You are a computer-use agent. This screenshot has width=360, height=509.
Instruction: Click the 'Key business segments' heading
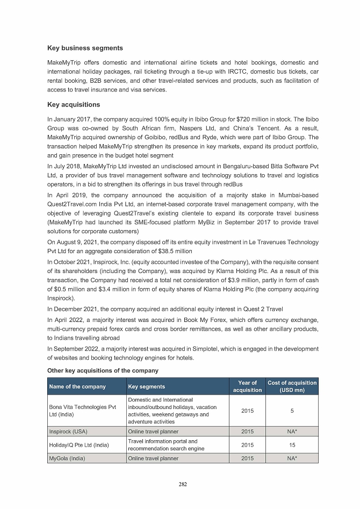click(85, 48)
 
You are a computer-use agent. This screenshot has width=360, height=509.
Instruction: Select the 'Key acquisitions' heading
click(74, 104)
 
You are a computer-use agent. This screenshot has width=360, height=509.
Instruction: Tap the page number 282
click(183, 484)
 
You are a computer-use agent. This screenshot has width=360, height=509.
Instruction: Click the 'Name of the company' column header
click(77, 386)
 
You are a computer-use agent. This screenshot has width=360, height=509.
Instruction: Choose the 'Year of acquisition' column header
click(247, 386)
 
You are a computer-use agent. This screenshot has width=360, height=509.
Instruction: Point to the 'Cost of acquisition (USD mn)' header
click(292, 386)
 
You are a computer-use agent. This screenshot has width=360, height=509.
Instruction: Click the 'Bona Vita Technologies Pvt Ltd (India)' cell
click(82, 411)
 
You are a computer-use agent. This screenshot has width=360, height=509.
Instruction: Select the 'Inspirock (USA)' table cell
click(68, 431)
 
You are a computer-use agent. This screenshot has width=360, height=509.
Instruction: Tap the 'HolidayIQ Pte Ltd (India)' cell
click(78, 445)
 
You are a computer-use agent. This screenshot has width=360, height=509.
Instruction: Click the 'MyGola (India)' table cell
click(67, 458)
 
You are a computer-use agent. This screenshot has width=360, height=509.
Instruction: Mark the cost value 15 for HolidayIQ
click(292, 445)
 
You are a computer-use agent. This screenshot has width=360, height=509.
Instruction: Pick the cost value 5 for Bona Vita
click(292, 411)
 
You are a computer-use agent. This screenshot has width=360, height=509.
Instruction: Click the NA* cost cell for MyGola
click(292, 458)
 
